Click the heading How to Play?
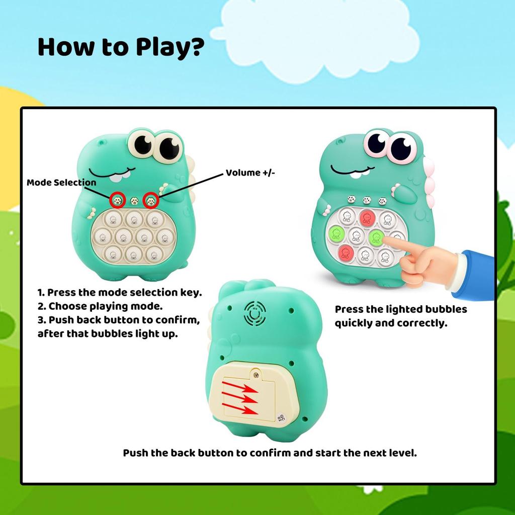[121, 47]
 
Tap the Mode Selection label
[61, 183]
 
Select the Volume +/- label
[250, 173]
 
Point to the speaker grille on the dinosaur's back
[255, 314]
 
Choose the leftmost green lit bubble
[335, 234]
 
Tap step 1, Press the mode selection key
[120, 293]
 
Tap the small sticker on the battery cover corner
[281, 416]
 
